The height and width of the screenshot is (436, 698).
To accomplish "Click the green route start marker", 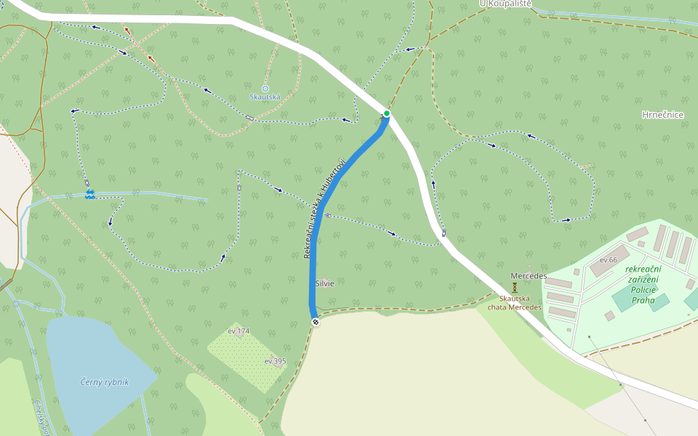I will tap(387, 113).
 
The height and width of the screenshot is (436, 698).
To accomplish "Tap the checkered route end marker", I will tap(315, 322).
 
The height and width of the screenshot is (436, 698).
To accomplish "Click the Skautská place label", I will tap(265, 97).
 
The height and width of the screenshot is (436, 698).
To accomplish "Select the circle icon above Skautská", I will tap(265, 88).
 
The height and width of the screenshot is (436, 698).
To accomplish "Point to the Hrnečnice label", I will tap(663, 115).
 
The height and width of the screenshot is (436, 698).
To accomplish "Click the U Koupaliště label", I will tap(506, 4).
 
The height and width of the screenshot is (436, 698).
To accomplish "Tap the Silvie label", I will tap(324, 283).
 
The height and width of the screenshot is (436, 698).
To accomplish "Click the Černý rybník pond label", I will tap(105, 381).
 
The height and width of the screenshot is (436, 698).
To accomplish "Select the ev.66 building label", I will tap(609, 259).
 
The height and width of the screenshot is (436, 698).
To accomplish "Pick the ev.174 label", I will tap(238, 331).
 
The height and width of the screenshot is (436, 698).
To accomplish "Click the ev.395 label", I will tap(275, 360).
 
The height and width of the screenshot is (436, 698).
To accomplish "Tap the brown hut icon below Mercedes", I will tap(515, 298).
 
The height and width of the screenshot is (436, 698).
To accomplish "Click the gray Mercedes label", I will tap(529, 276).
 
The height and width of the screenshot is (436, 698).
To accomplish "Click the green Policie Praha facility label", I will tap(643, 284).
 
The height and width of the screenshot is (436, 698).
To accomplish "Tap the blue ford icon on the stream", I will tap(90, 194).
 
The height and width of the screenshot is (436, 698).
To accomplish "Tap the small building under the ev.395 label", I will tap(277, 366).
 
